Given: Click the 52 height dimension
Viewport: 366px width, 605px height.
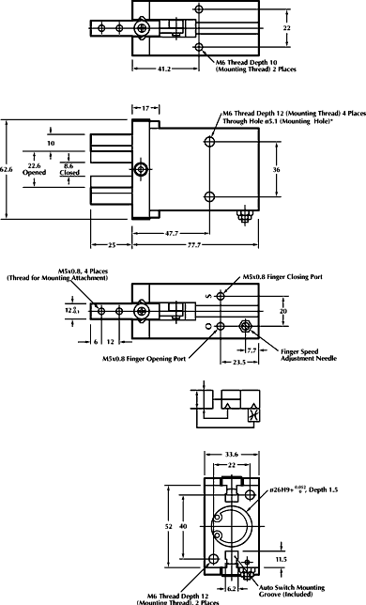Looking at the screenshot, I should [x=169, y=527].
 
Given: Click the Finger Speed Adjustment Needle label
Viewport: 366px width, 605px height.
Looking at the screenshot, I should [x=302, y=355].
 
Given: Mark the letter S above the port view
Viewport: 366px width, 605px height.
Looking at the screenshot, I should [x=208, y=295].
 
